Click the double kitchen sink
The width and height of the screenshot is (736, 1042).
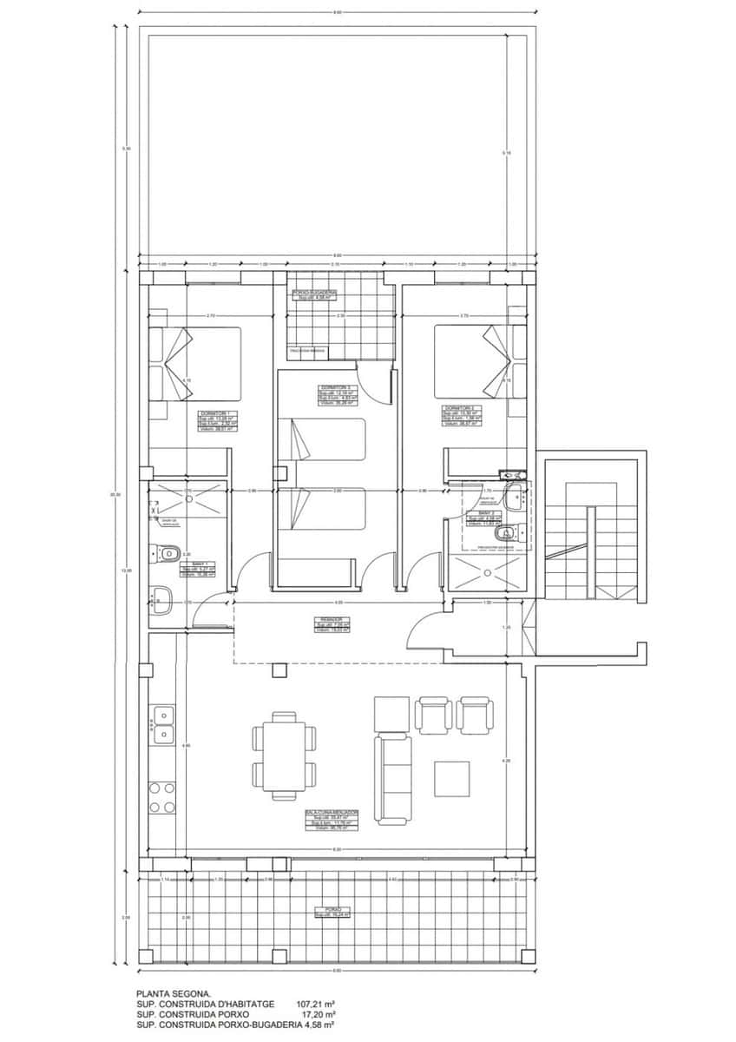[x=162, y=725]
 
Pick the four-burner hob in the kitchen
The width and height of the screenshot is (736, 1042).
[x=162, y=797]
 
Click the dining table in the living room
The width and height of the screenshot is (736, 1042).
[x=284, y=749]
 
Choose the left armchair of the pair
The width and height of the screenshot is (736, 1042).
[x=433, y=713]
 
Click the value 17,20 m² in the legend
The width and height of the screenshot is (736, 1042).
[x=318, y=1013]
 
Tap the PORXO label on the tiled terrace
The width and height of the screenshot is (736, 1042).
[x=334, y=913]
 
